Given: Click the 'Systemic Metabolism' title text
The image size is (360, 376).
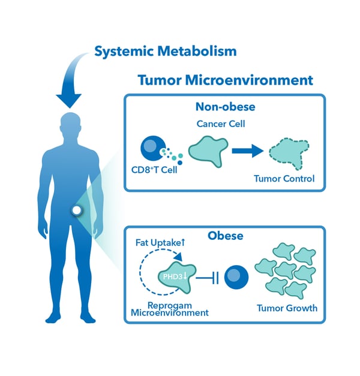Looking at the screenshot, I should (x=165, y=50).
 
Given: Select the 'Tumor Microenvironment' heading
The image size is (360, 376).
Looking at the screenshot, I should (x=225, y=80).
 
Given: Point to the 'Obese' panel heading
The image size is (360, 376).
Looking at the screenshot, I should (x=225, y=236).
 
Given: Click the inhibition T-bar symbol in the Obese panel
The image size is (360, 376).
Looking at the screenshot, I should (x=206, y=276).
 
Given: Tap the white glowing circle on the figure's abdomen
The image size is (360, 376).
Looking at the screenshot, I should (x=76, y=210).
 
